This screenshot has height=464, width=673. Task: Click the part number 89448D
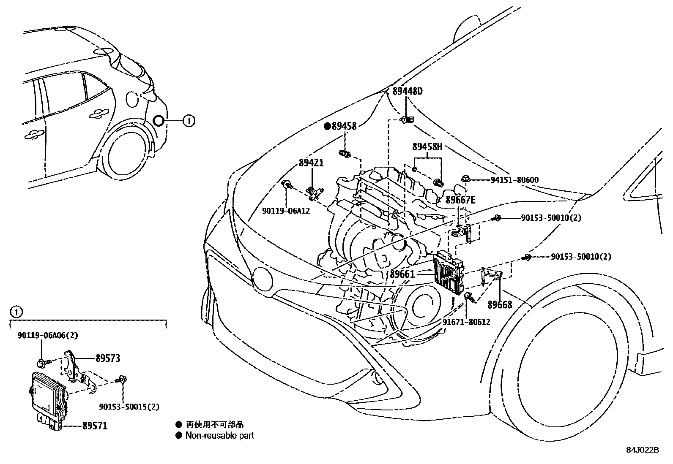click(x=407, y=91)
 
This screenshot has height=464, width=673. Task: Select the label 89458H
click(x=427, y=147)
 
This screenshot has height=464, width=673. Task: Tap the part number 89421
click(x=311, y=163)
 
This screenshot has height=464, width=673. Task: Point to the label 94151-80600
click(x=514, y=180)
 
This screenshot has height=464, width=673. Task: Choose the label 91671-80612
click(x=466, y=322)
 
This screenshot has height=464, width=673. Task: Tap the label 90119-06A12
click(x=286, y=210)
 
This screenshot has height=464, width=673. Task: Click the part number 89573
click(x=108, y=358)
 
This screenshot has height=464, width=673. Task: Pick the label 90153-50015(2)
click(x=129, y=407)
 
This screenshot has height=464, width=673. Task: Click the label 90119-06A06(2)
click(x=48, y=335)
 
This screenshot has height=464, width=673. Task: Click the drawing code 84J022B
click(x=643, y=450)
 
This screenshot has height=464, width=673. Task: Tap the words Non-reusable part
click(x=220, y=435)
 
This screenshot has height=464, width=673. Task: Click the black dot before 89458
click(x=327, y=126)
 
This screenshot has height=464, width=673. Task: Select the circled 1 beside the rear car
click(x=189, y=121)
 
